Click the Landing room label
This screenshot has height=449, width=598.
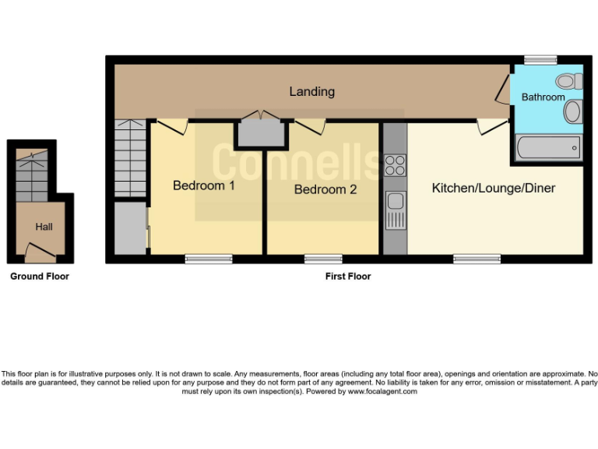point(311,91)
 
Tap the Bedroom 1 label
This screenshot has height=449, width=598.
point(203,186)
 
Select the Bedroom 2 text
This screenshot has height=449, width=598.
point(325,189)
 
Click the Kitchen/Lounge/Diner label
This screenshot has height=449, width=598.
point(494,188)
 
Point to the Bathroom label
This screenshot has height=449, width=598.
point(543,97)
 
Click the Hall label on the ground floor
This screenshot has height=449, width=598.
point(44,227)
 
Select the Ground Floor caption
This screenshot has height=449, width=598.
point(39,276)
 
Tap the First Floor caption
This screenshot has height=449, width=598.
point(347,276)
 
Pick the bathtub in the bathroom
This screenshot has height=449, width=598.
point(548,147)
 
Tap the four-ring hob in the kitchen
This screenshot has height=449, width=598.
point(395,165)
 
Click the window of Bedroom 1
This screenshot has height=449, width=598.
point(209,258)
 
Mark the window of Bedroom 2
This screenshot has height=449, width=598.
point(323,258)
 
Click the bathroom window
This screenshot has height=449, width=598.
point(540,60)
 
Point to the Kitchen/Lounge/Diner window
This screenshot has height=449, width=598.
point(477,258)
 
